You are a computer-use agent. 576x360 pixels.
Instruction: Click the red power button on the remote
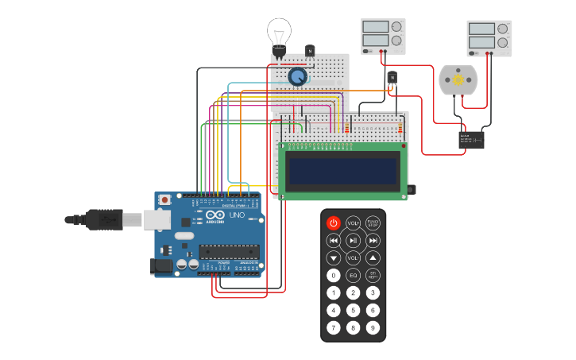click(334, 223)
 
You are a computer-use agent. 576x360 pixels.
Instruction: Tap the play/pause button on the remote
click(354, 240)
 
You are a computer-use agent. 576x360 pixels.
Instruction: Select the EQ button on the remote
click(354, 275)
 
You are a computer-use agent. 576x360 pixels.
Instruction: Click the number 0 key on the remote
click(334, 275)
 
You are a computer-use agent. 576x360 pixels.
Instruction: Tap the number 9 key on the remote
click(373, 327)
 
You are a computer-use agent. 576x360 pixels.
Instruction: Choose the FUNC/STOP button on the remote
click(373, 223)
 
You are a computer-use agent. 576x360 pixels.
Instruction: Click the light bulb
click(279, 36)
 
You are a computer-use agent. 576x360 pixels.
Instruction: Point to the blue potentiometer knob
click(297, 76)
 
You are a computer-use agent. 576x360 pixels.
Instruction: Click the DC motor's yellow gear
click(458, 80)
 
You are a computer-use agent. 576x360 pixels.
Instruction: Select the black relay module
click(471, 140)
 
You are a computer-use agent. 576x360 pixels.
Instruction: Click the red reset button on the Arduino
click(164, 199)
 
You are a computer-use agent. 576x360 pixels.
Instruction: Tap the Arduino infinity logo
click(215, 215)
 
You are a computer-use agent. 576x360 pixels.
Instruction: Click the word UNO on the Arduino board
click(237, 215)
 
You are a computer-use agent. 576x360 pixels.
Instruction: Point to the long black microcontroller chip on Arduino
click(229, 252)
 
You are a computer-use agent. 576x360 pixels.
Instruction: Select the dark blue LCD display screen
click(343, 170)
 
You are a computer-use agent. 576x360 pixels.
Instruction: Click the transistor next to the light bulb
click(310, 51)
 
